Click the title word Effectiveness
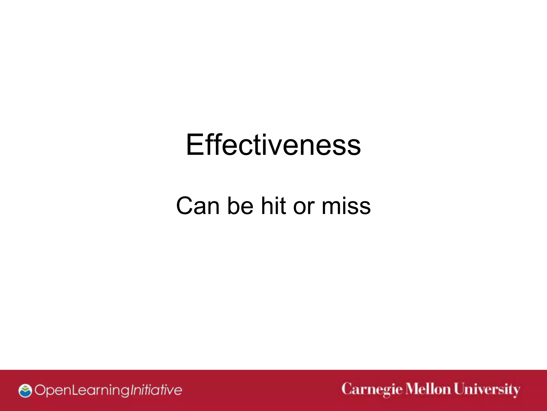pyautogui.click(x=273, y=145)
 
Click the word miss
pyautogui.click(x=346, y=206)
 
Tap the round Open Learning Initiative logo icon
pyautogui.click(x=25, y=391)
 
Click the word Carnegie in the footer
pyautogui.click(x=372, y=390)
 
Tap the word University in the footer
pyautogui.click(x=487, y=390)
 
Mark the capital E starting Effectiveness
pyautogui.click(x=194, y=145)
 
